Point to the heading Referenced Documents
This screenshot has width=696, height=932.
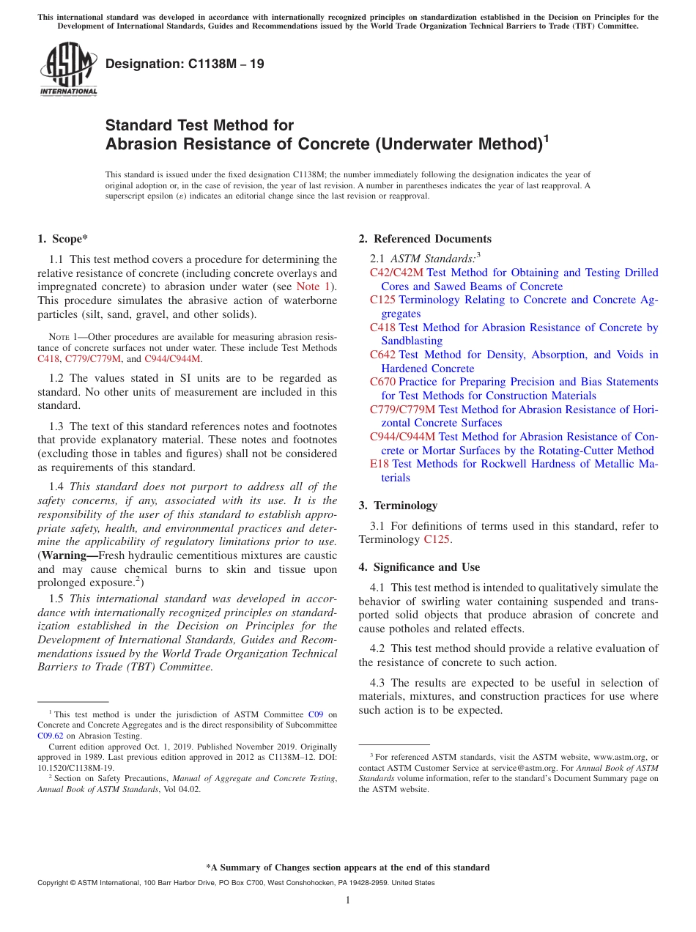pos(432,239)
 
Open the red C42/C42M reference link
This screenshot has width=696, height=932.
pos(396,273)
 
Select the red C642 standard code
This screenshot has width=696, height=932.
pos(382,355)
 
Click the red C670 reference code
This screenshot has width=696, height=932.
pos(382,382)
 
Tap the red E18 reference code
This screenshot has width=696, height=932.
pos(379,464)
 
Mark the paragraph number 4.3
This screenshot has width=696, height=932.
pos(379,683)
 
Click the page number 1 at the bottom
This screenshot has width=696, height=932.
pos(348,900)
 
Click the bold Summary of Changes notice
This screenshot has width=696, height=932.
pos(347,868)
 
